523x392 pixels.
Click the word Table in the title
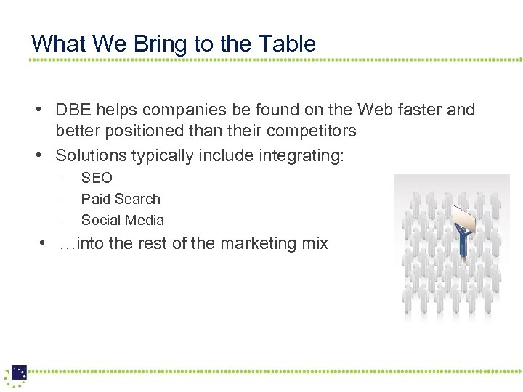coord(288,44)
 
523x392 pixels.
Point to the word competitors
coord(306,131)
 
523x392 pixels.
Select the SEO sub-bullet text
coord(97,178)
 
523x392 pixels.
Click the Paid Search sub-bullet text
coord(121,199)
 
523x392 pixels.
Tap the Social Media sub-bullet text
coord(123,220)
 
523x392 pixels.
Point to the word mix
coord(315,244)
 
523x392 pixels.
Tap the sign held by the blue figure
coord(466,216)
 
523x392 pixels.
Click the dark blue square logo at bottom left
coord(19,372)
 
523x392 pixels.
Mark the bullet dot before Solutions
coord(43,155)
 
